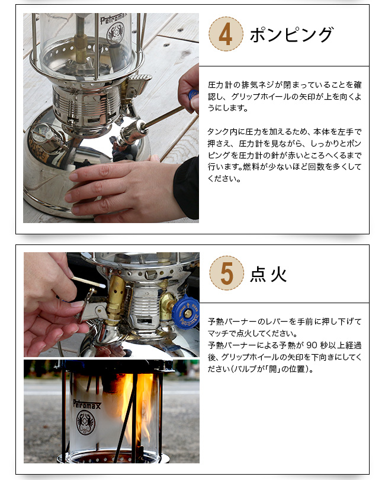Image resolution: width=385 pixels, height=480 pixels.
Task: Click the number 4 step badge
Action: click(226, 34)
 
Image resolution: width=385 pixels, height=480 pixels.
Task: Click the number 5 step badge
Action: click(226, 273)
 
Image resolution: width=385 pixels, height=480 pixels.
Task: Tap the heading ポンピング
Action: click(291, 34)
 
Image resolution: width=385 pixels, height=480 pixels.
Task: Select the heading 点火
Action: click(268, 274)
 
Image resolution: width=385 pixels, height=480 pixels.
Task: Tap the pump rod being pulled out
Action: click(164, 117)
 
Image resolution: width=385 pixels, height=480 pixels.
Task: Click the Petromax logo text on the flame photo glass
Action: click(86, 404)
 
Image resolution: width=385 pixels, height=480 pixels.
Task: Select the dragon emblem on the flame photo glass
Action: click(86, 423)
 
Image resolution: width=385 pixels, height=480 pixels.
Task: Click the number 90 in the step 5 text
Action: click(312, 345)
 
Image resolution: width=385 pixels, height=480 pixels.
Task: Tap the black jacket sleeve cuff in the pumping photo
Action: click(187, 187)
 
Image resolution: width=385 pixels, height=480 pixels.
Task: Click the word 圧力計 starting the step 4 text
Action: click(220, 85)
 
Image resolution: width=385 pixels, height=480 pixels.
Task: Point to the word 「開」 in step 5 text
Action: click(272, 369)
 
